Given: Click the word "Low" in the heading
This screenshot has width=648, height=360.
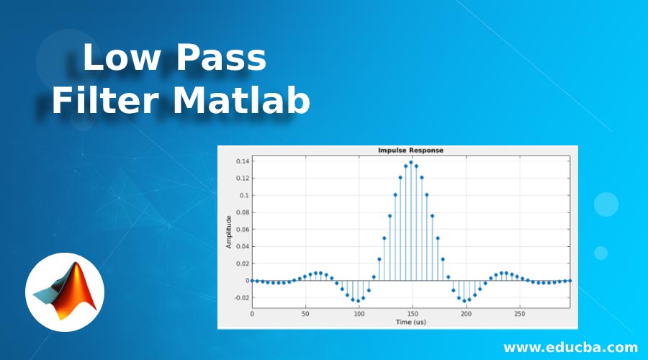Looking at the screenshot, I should point(119,59).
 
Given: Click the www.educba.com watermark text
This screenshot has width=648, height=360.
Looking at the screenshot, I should point(570,347).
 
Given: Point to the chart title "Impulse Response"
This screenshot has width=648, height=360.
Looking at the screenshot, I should point(410,150).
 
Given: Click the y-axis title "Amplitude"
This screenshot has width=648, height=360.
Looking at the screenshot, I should point(229,232).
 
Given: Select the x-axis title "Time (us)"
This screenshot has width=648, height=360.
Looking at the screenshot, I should point(410,322).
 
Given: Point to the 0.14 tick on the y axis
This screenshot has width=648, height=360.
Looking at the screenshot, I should point(240,161).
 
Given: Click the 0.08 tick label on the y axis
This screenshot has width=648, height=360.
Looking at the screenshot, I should point(240,212).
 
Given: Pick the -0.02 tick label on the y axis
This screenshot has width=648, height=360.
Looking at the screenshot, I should point(239,298).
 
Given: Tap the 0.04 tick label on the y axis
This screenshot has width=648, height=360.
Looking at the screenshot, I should point(240,246).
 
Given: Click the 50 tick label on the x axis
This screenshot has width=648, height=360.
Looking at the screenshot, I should point(305,315).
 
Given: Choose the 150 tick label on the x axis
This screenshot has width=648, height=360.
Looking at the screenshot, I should point(411,315).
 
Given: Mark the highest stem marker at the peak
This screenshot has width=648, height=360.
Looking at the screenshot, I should point(411,162).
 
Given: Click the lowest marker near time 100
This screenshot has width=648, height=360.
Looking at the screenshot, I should point(358,301).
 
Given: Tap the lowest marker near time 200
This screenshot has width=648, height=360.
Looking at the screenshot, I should point(464,301).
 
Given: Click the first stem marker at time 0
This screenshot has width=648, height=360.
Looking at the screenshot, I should point(252,281).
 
